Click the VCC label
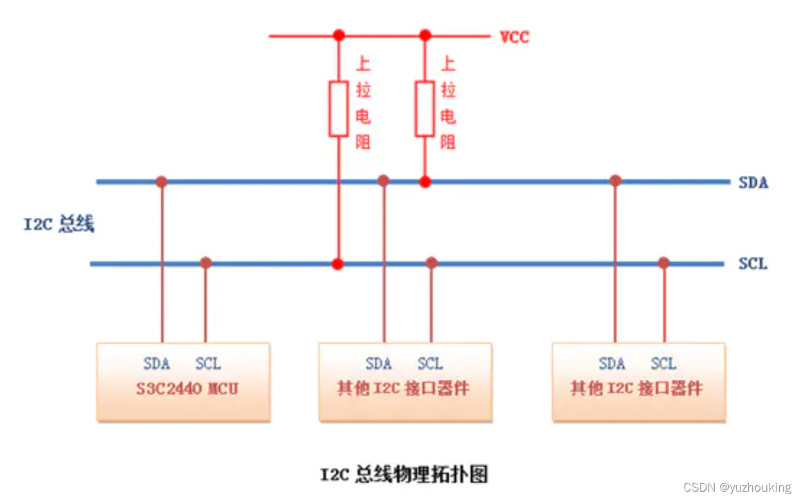[515, 37]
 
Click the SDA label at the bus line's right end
[753, 183]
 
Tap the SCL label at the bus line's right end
[753, 264]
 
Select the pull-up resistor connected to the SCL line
[338, 109]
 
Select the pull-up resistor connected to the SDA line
[424, 109]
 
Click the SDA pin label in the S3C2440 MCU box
[157, 364]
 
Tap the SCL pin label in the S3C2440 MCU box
[208, 364]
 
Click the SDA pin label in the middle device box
[379, 364]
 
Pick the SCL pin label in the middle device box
[430, 364]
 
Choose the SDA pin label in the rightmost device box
[611, 364]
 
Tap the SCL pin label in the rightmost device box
[663, 364]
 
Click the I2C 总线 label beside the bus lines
[59, 224]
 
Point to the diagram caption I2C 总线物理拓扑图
[404, 474]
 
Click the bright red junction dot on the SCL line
[338, 263]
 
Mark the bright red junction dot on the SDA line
[424, 182]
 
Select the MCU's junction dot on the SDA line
[161, 182]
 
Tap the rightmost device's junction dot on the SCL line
[663, 263]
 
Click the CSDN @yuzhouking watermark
[737, 488]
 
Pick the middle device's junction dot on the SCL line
[431, 263]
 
